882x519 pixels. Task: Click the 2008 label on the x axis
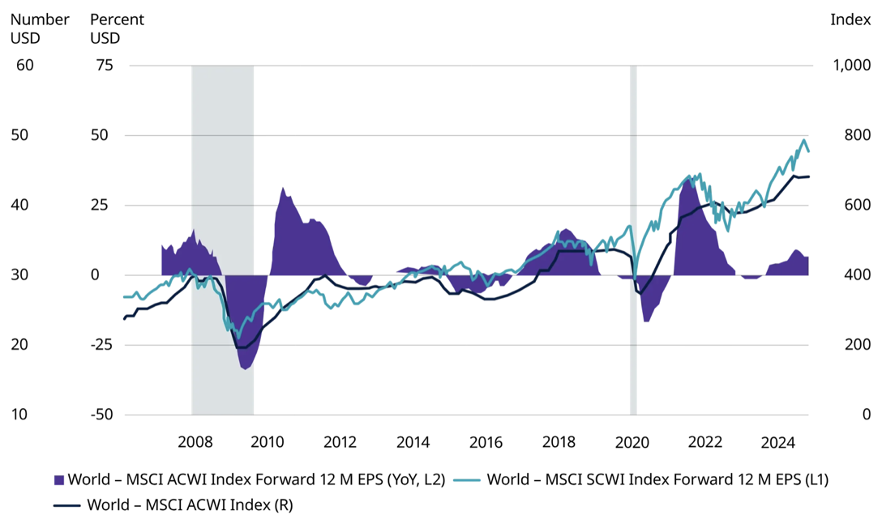pos(195,442)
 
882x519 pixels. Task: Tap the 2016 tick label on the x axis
pos(486,442)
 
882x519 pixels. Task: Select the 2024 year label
pos(777,442)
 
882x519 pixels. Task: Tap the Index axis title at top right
pos(850,19)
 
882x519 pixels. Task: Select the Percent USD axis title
pos(117,28)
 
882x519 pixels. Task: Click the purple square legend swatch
pos(58,479)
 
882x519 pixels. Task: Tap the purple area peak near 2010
pos(283,188)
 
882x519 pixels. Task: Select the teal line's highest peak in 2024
pos(803,140)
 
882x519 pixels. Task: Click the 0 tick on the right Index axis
pos(866,415)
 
